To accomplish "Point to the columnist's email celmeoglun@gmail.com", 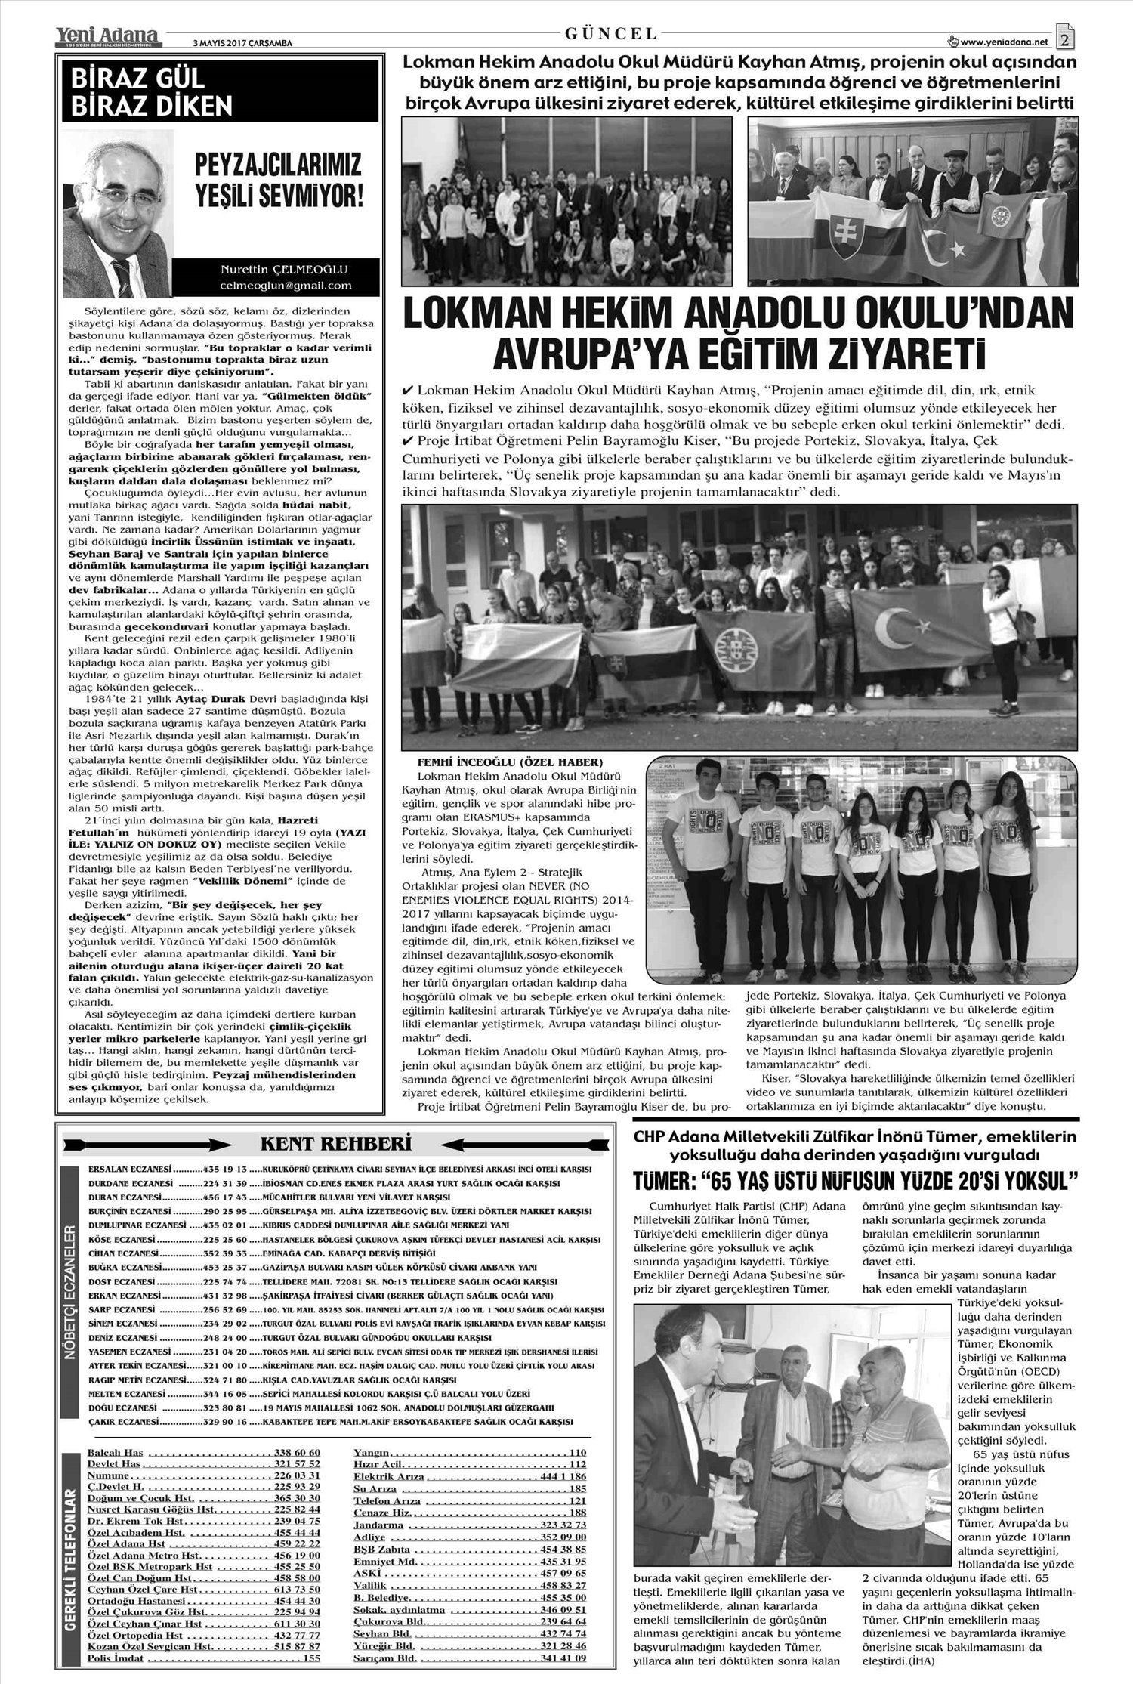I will pos(285,286).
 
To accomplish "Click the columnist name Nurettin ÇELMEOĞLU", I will pos(285,270).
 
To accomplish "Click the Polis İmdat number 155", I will pos(310,1658).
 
